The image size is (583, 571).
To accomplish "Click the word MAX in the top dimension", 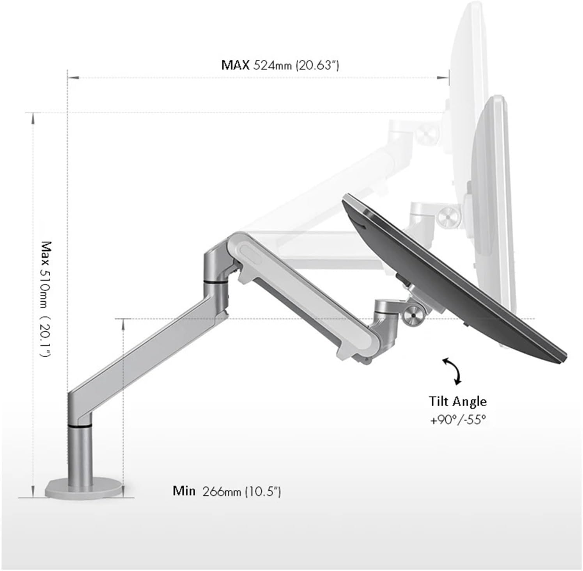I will [x=235, y=65].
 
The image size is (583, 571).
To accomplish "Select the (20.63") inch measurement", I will [x=317, y=65].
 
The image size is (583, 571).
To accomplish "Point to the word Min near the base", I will [x=184, y=491].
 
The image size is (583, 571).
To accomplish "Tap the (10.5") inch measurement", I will [x=263, y=491].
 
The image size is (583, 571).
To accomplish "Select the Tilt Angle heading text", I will [x=458, y=401].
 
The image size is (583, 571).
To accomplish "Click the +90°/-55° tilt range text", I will [x=458, y=420].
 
